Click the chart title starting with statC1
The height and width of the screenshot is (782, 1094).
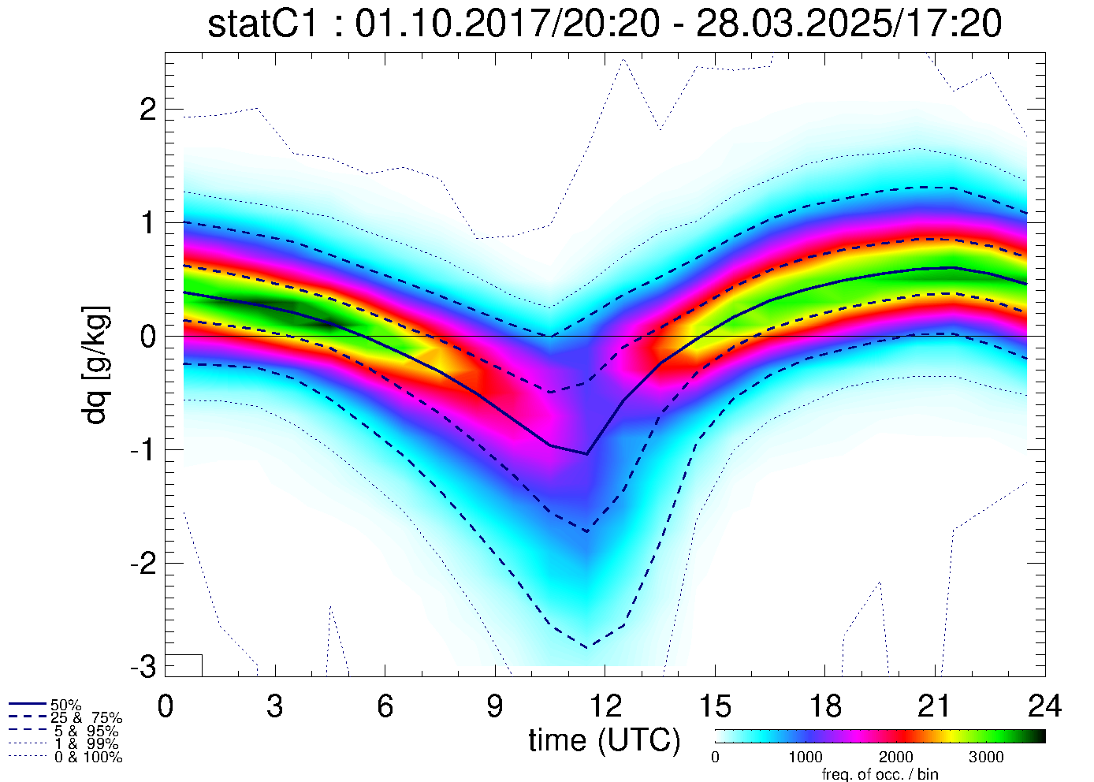(605, 24)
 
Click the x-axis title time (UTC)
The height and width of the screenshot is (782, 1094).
(605, 740)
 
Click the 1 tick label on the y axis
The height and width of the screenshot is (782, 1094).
(147, 223)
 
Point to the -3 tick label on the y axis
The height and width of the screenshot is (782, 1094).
(142, 667)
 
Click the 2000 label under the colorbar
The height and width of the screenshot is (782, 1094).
(895, 758)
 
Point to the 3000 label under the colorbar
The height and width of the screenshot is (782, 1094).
(986, 758)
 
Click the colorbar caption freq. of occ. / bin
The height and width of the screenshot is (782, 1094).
(880, 774)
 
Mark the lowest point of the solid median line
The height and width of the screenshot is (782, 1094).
(587, 454)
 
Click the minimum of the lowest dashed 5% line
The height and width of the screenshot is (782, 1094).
(587, 647)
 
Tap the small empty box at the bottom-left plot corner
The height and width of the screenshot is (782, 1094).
(185, 665)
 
